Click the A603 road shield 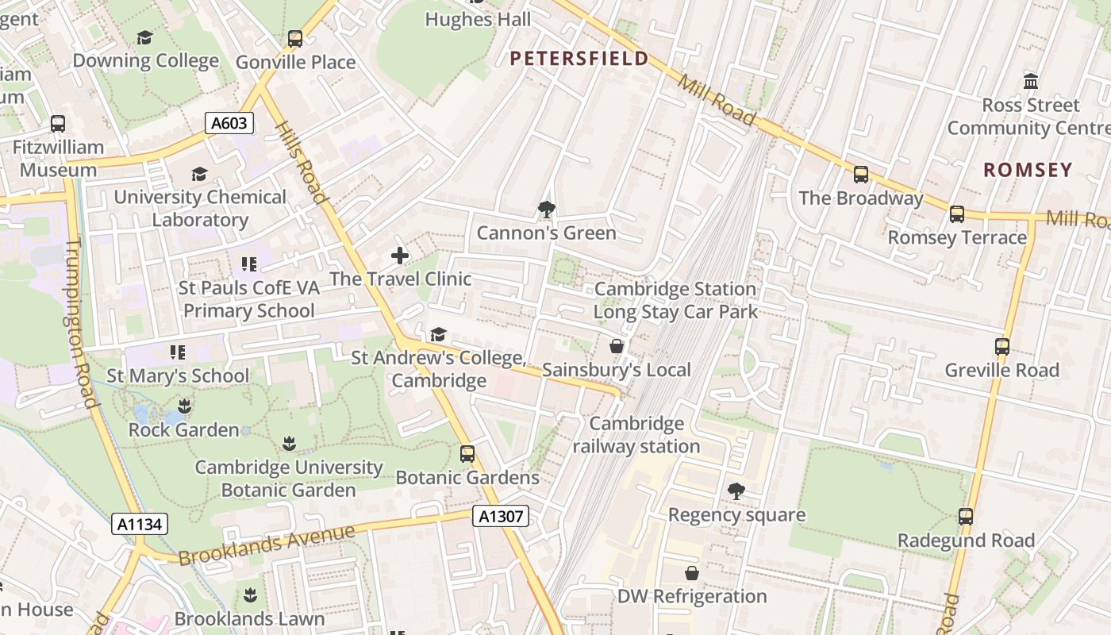pos(230,123)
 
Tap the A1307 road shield pos(502,517)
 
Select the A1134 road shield pos(139,524)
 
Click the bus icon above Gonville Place pos(295,38)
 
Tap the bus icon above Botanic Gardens pos(467,454)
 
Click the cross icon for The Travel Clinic pos(400,256)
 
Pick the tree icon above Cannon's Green pos(546,210)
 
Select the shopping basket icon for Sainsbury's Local pos(616,346)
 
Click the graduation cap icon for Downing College pos(144,37)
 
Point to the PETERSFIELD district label pos(579,58)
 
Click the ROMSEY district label pos(1028,170)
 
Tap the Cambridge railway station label pos(636,435)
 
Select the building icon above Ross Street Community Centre pos(1031,81)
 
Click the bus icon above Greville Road pos(1001,347)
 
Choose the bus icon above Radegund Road pos(966,517)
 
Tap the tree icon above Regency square pos(736,491)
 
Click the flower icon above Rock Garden pos(184,406)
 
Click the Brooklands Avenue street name pos(266,545)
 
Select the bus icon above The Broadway pos(861,175)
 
